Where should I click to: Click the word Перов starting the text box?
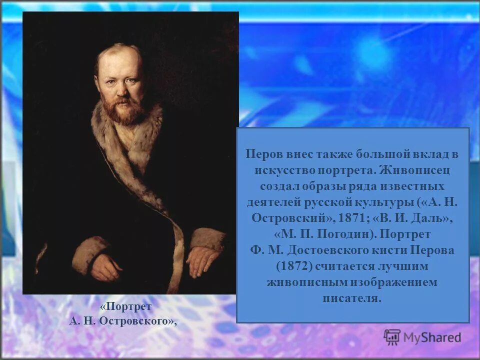click(261, 154)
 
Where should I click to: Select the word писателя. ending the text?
click(352, 298)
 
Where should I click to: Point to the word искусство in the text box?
click(280, 170)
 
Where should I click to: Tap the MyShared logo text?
click(432, 338)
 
